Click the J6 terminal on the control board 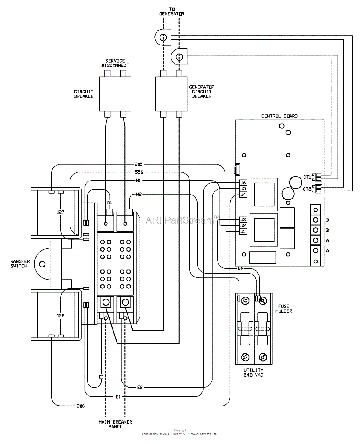pos(243,183)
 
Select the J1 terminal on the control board pos(243,231)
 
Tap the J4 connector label pos(243,194)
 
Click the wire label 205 pos(138,164)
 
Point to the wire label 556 pos(139,172)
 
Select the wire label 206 pos(80,406)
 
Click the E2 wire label pos(139,387)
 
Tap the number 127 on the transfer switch pos(61,212)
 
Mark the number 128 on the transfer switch pos(61,316)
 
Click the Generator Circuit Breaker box pos(171,94)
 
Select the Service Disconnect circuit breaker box pos(115,94)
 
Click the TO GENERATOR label pos(172,12)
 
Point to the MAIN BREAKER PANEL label pos(115,424)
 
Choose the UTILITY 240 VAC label pos(253,372)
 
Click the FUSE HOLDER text pos(284,309)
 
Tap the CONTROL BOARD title pos(279,116)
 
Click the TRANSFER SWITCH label pos(19,263)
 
